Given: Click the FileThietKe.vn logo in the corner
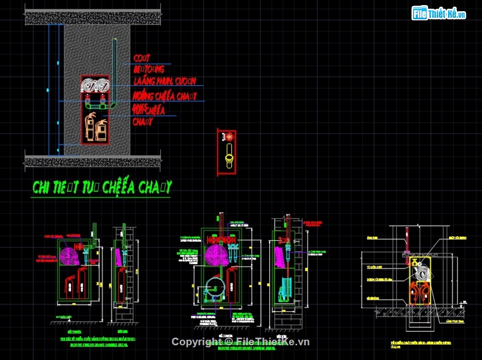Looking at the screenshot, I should [439, 14].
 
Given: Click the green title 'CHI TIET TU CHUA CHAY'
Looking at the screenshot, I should [102, 187].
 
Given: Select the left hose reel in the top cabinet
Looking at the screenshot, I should [90, 84].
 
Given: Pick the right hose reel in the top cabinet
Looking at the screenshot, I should [103, 84].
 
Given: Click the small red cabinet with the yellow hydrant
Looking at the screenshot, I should [226, 152].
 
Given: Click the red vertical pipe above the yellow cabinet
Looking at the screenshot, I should [406, 238].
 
